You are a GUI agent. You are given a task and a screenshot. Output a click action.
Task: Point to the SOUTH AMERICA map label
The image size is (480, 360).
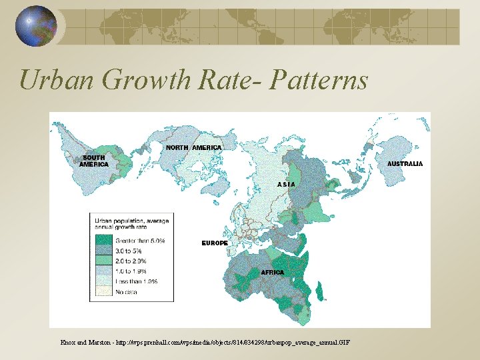coord(93,161)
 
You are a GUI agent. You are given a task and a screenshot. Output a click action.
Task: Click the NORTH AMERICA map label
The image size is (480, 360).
coord(193,147)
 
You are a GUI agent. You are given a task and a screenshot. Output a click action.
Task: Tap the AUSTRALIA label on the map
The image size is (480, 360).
coord(405,163)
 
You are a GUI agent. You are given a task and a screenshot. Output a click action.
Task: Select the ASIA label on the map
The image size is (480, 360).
coord(286,184)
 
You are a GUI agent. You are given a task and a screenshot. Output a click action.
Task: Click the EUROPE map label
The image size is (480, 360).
coord(215,243)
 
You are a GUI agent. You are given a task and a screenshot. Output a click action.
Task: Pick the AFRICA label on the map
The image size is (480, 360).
coord(272,273)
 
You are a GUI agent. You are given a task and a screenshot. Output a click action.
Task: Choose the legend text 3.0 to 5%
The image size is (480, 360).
coord(131,251)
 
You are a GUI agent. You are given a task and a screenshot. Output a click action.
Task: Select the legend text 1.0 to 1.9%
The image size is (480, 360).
coord(131,271)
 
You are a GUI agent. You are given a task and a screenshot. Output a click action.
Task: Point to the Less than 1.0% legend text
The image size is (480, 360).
coord(135,281)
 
